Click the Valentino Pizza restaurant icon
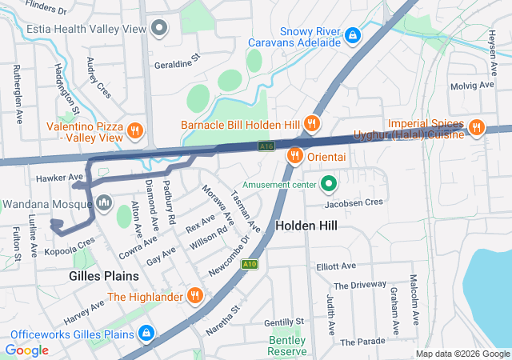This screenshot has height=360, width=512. coord(135,130)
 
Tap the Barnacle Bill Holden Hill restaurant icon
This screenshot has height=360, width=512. coord(311,124)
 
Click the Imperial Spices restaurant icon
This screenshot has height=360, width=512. coord(476,126)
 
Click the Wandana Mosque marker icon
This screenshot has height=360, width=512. coord(103,203)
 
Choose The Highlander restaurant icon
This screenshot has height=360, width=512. coord(194,297)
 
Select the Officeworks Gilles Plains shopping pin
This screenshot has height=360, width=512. coord(145,333)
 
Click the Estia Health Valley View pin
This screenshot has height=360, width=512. coord(160,29)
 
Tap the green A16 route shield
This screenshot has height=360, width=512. coord(266,146)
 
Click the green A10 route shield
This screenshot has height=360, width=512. coord(250,264)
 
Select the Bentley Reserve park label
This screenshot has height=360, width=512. coord(287,346)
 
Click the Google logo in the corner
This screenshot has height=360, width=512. coord(27,350)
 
